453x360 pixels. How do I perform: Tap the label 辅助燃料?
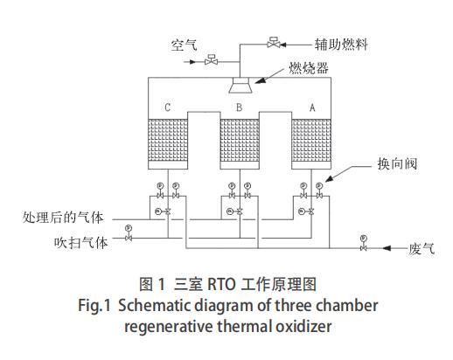click(x=338, y=41)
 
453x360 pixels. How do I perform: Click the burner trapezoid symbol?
click(x=238, y=84)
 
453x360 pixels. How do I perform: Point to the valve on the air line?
click(x=211, y=61)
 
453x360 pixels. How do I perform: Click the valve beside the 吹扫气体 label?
click(x=128, y=238)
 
